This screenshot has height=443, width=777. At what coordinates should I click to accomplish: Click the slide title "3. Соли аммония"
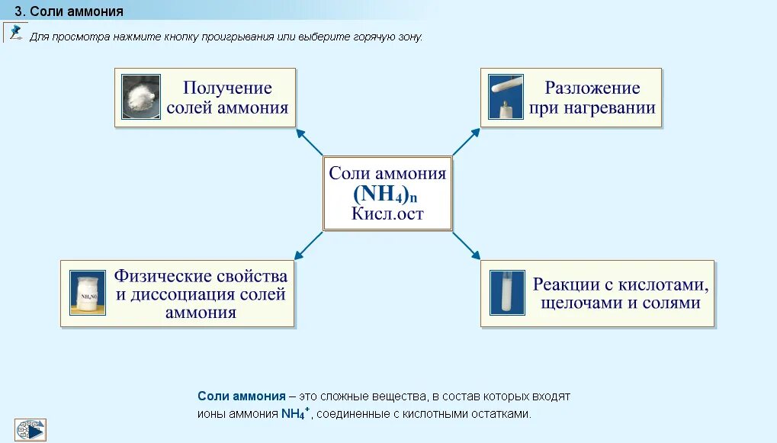[69, 11]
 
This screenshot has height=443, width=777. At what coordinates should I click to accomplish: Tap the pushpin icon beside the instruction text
[15, 33]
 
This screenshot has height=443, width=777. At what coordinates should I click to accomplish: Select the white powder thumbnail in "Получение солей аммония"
[141, 97]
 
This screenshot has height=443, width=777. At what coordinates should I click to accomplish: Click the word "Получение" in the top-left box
[227, 88]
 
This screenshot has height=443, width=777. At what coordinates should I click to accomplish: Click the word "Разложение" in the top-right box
[592, 88]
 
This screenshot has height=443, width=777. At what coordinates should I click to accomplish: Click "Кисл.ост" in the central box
[387, 213]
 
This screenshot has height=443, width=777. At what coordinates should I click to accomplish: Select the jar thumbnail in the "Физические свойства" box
[88, 293]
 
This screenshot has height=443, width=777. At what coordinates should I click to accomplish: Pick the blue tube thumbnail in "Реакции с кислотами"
[507, 293]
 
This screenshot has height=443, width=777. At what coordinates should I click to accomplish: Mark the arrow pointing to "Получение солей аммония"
[309, 142]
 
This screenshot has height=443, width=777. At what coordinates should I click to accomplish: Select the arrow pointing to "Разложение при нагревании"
[467, 142]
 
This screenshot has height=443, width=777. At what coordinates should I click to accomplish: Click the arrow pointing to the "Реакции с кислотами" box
[467, 246]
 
